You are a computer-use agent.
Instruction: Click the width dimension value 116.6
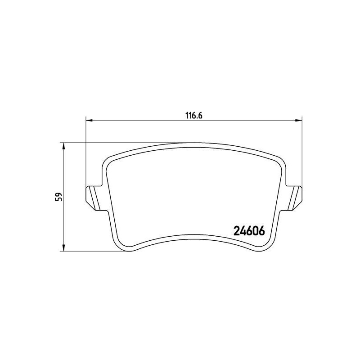[x=194, y=115]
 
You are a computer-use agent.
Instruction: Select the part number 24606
[x=248, y=230]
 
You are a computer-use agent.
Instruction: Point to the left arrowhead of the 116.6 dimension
[x=89, y=120]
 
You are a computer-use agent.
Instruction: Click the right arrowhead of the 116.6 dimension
[x=298, y=120]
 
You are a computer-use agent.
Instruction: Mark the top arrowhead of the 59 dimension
[x=63, y=146]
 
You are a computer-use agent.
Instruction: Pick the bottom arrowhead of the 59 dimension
[x=63, y=248]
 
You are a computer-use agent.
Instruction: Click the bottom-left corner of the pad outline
[x=125, y=248]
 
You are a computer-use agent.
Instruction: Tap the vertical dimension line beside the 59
[x=63, y=216]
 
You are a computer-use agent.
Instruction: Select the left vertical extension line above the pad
[x=85, y=153]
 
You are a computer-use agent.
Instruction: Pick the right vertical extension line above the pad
[x=301, y=153]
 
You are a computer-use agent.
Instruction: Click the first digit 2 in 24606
[x=237, y=230]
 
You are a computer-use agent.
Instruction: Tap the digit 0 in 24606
[x=254, y=230]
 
